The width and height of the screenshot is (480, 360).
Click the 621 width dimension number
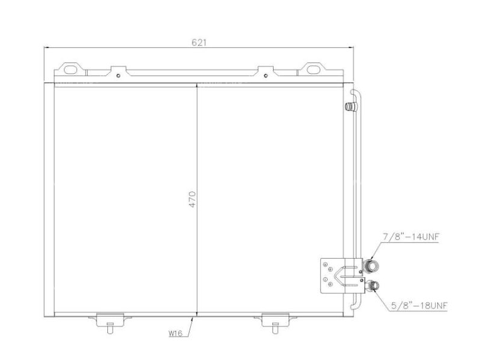point(199,42)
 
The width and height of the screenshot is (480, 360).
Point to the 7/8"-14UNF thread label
point(412,237)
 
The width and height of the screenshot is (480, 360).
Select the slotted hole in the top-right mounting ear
point(312,68)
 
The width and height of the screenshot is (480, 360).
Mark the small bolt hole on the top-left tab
point(119,76)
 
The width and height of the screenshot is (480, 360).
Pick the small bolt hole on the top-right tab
point(266,76)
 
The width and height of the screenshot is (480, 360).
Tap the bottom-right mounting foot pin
point(275,328)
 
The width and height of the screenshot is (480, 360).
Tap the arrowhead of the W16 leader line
point(194,318)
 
